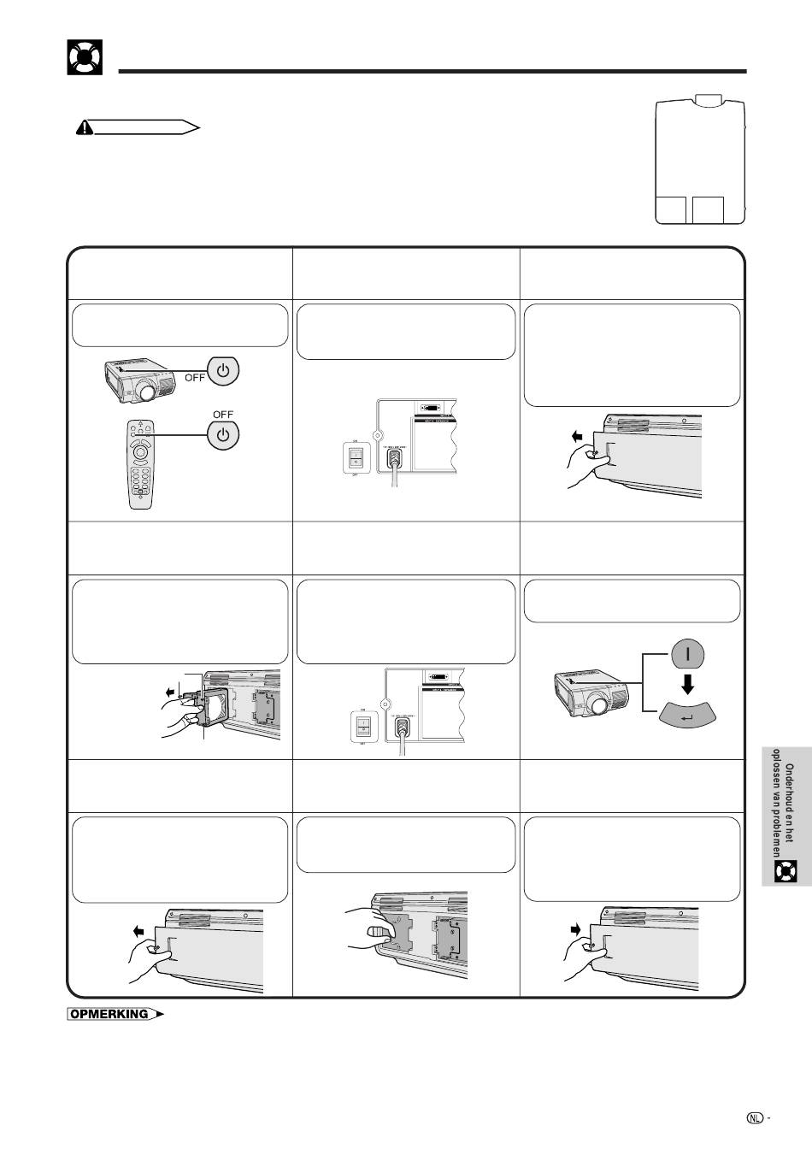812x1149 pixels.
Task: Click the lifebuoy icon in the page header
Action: [x=85, y=56]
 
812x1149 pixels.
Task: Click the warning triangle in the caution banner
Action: [x=85, y=127]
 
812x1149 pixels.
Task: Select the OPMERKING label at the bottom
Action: [x=109, y=1015]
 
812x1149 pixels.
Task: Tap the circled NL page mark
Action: [x=753, y=1117]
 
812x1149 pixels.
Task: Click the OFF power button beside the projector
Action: [x=222, y=371]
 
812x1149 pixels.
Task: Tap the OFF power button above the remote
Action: [x=222, y=434]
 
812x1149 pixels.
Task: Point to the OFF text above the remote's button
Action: [x=222, y=414]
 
